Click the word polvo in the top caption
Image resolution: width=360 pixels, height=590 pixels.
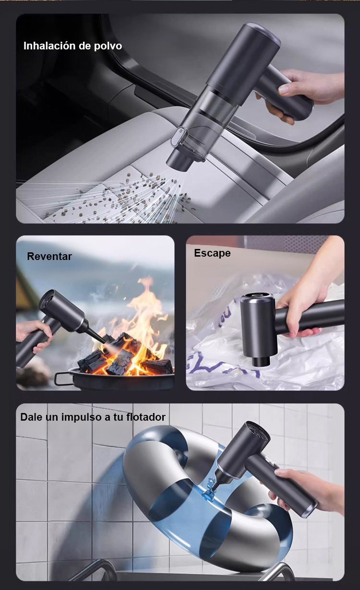[x=108, y=46]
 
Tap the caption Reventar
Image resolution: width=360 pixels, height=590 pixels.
[x=49, y=256]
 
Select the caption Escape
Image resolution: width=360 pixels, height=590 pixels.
[x=212, y=253]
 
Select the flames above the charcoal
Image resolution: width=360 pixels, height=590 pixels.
[x=139, y=317]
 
